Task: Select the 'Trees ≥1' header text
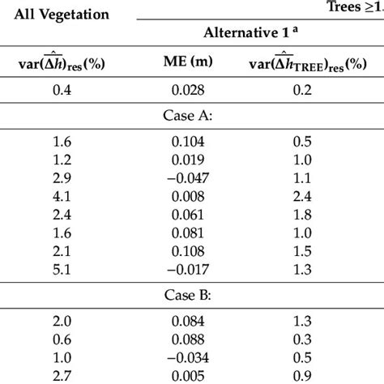(354, 8)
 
